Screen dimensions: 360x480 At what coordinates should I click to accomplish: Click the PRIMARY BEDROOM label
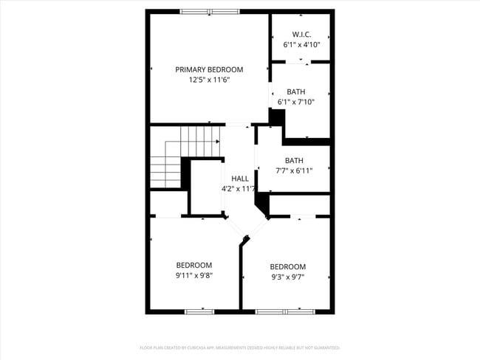(209, 69)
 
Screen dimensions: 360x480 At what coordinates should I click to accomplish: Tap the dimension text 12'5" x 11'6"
(209, 80)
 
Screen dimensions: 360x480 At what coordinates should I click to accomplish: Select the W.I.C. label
(301, 34)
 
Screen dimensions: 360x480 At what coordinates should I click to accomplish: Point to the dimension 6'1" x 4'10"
(301, 44)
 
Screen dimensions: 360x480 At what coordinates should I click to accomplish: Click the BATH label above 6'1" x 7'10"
(296, 92)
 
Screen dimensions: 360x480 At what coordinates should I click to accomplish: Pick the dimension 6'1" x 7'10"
(296, 103)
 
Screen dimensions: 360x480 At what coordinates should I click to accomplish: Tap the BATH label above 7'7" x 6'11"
(294, 161)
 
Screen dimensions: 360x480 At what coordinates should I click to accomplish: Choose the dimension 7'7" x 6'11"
(294, 171)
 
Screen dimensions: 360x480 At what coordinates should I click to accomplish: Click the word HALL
(240, 179)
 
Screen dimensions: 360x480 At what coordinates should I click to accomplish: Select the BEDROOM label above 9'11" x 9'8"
(193, 266)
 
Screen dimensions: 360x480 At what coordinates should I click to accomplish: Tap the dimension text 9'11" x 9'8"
(193, 276)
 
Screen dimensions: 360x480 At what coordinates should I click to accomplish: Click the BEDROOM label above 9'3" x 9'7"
(287, 267)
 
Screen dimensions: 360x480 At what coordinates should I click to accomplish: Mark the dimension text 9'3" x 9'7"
(287, 277)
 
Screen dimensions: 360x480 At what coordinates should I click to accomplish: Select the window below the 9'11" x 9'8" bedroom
(199, 312)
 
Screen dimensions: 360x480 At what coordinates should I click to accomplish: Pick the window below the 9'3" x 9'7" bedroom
(285, 312)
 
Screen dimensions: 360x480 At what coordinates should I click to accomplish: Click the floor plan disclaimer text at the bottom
(240, 347)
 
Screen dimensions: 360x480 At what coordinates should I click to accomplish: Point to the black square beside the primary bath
(277, 117)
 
